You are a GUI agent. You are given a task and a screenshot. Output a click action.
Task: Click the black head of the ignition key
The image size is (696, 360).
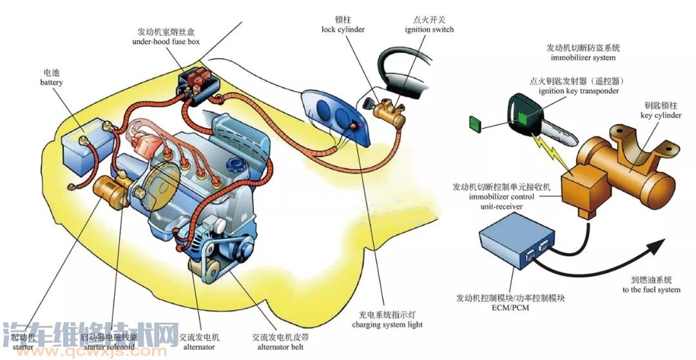coord(523,112)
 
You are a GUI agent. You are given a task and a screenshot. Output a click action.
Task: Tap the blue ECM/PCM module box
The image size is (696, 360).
coord(511,243)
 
